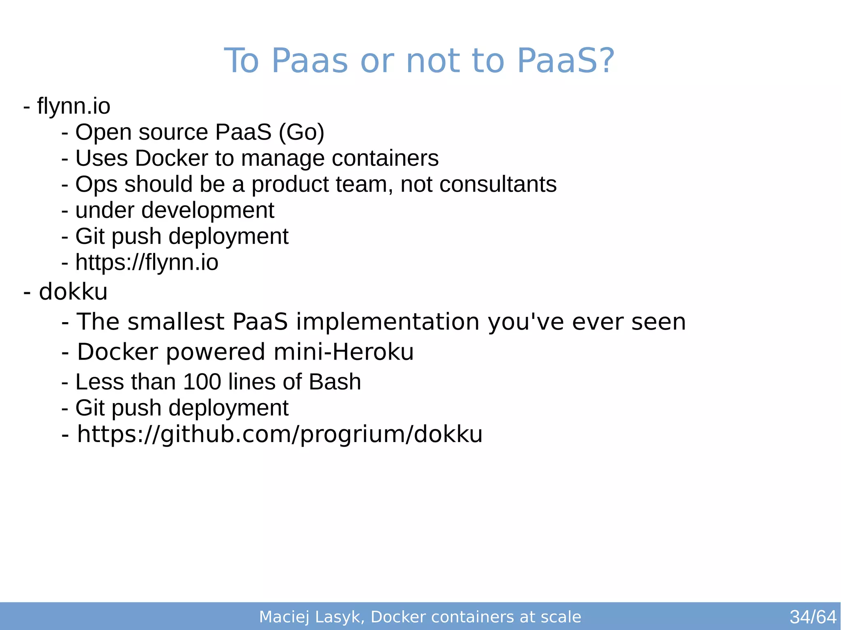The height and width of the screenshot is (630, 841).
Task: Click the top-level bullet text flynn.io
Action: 74,106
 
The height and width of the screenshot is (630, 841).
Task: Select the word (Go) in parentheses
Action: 301,132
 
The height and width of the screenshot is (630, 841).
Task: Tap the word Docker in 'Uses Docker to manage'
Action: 171,158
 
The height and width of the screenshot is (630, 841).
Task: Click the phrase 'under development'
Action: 175,211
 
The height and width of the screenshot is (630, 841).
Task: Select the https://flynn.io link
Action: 147,263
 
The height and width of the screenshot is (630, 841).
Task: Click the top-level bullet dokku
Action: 73,292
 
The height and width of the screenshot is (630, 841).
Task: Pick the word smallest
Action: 176,321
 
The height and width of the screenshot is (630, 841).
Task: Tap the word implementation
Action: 388,321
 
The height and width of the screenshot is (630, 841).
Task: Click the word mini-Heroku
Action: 343,352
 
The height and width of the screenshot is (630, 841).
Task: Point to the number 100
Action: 202,382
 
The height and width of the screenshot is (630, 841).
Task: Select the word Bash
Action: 335,382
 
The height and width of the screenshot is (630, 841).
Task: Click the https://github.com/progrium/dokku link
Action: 280,434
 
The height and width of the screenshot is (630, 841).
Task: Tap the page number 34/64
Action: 813,617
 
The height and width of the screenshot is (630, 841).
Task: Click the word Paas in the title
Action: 310,61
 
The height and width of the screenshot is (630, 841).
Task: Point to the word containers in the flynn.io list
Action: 385,158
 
